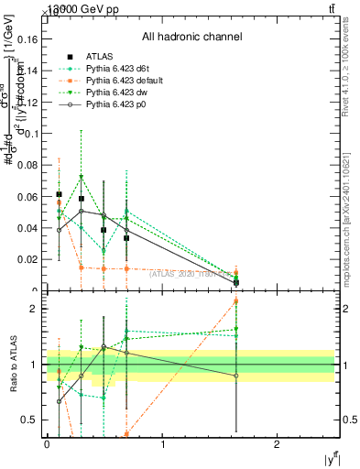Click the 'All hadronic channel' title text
pos(191,37)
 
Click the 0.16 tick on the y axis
pos(31,39)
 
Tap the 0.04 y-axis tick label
pos(31,228)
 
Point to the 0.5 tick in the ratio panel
pos(35,420)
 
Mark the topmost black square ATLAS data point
pos(59,194)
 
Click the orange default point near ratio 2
pos(236,300)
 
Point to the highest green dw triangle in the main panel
pos(82,177)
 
